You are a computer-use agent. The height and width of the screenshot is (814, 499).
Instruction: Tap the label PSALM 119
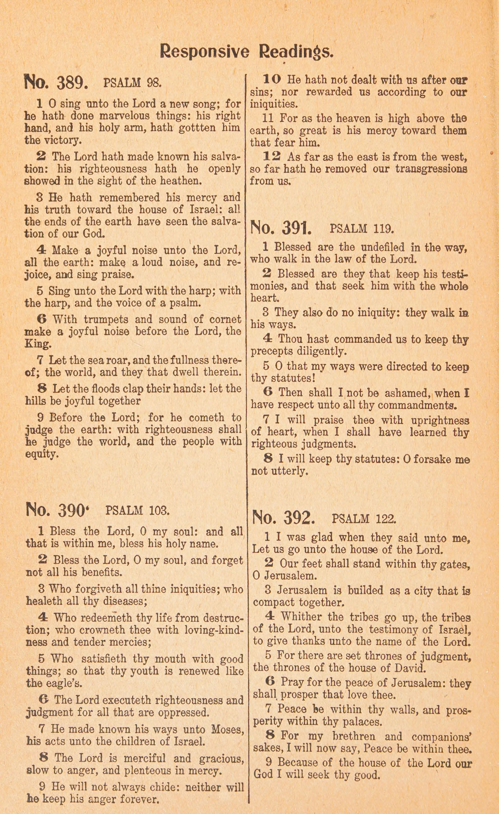[x=362, y=228]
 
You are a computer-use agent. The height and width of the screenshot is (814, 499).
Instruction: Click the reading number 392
[x=283, y=518]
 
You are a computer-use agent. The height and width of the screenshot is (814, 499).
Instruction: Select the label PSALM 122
[x=364, y=519]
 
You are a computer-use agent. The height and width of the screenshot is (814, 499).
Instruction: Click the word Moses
[x=228, y=729]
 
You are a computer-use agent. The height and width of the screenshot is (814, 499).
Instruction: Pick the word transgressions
[x=431, y=169]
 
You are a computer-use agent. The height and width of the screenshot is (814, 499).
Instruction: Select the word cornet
[x=225, y=319]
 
